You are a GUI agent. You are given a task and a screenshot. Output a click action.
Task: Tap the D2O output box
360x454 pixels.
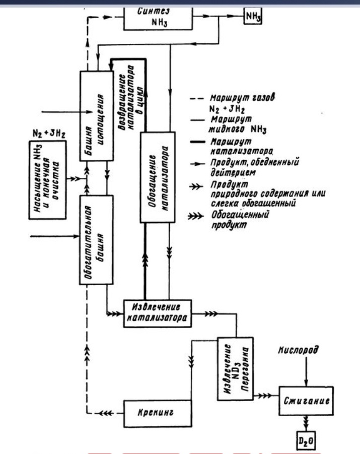click(x=305, y=442)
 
